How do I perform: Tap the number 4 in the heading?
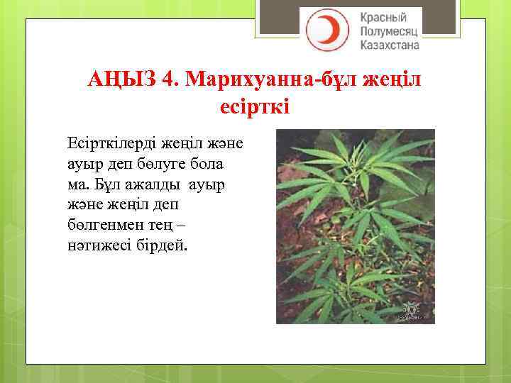point(168,80)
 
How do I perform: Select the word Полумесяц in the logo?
point(390,32)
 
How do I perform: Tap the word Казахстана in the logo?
point(390,45)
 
